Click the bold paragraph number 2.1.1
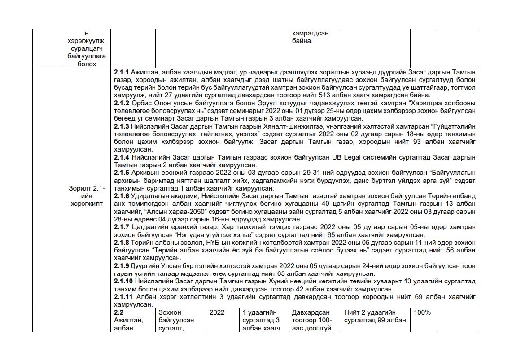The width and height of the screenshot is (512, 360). point(121,72)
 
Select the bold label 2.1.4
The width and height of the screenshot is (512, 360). point(121,157)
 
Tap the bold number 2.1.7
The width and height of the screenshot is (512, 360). point(121,227)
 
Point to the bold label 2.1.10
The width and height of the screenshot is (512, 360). point(123,281)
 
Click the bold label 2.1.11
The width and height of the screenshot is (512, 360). point(123,297)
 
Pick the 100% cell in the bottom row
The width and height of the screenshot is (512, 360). point(422,312)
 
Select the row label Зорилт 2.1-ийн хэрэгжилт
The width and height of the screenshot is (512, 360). point(87,196)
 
